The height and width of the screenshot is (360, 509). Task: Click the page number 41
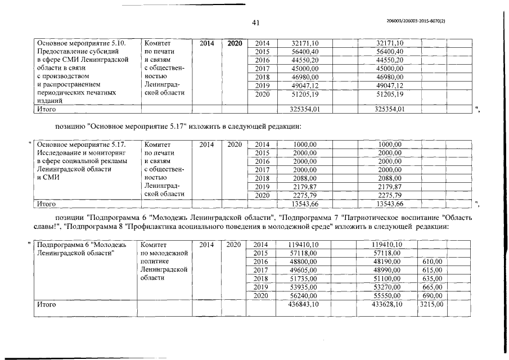pyautogui.click(x=255, y=23)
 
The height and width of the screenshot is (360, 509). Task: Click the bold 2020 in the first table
pyautogui.click(x=235, y=43)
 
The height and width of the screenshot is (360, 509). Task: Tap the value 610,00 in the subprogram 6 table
pyautogui.click(x=432, y=262)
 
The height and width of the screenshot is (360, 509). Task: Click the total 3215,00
pyautogui.click(x=432, y=304)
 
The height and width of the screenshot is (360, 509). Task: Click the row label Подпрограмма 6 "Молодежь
pyautogui.click(x=82, y=245)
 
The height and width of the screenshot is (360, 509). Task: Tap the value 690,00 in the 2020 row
pyautogui.click(x=432, y=295)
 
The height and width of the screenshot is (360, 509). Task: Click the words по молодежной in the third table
pyautogui.click(x=164, y=253)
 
